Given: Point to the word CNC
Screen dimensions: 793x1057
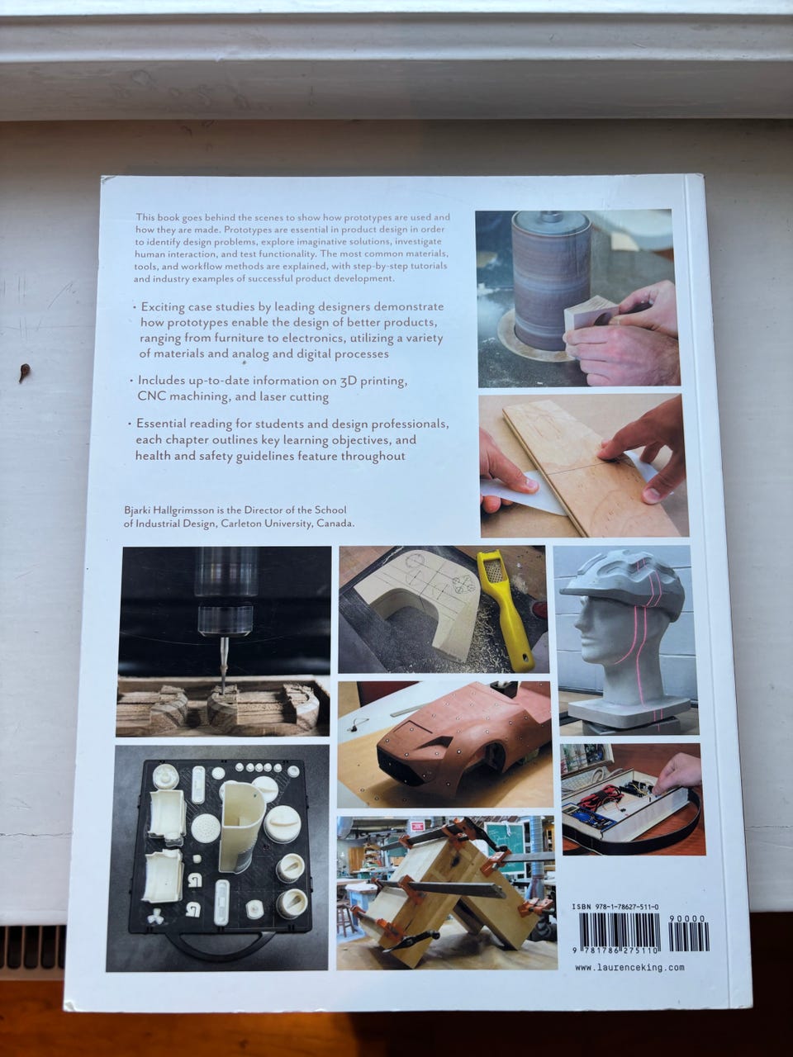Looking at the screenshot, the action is [x=150, y=397].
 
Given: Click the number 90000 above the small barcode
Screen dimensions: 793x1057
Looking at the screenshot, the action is [x=686, y=919].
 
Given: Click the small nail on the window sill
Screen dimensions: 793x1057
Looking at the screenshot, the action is [x=24, y=372].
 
